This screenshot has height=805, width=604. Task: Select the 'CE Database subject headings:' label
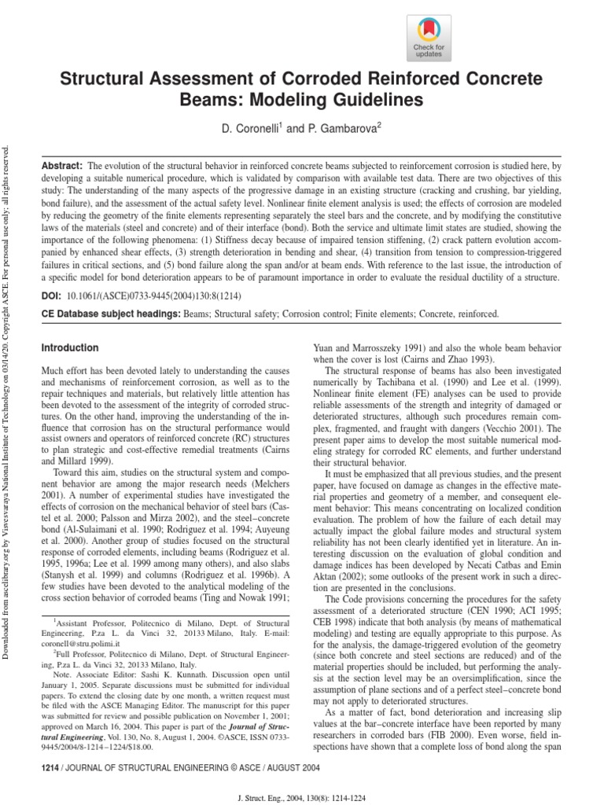tap(110, 314)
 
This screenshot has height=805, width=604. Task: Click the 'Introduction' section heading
tap(70, 347)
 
